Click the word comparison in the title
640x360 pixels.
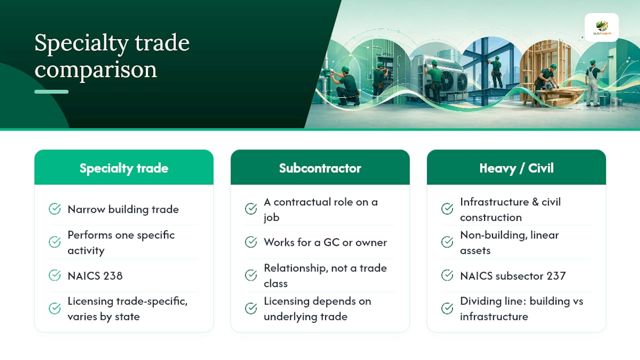pos(95,69)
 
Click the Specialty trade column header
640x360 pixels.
pos(123,168)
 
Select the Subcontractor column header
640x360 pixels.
pos(320,168)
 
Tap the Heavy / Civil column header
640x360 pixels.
pos(516,168)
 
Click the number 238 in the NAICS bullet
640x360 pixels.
pos(113,275)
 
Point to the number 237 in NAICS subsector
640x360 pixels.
pos(556,275)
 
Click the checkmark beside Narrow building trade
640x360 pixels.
pos(54,209)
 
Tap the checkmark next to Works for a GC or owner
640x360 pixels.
pos(251,242)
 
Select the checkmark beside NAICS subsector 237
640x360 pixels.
pos(447,275)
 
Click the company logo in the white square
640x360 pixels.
pos(601,27)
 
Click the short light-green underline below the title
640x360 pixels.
pos(51,91)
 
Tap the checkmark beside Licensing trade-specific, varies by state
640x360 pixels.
pos(54,308)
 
